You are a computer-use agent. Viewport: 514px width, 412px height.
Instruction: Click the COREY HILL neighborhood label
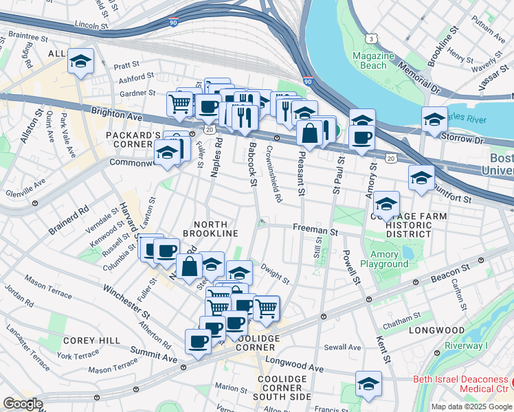[x=91, y=341]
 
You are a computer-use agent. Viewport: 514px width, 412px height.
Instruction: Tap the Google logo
[x=23, y=404]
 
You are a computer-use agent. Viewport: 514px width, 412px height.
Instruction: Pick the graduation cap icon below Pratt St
[x=81, y=62]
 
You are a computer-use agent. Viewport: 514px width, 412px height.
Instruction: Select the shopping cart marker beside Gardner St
[x=180, y=104]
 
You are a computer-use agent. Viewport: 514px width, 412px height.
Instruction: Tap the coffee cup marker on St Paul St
[x=361, y=136]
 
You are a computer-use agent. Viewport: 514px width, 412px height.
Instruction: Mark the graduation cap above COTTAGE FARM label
[x=387, y=203]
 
